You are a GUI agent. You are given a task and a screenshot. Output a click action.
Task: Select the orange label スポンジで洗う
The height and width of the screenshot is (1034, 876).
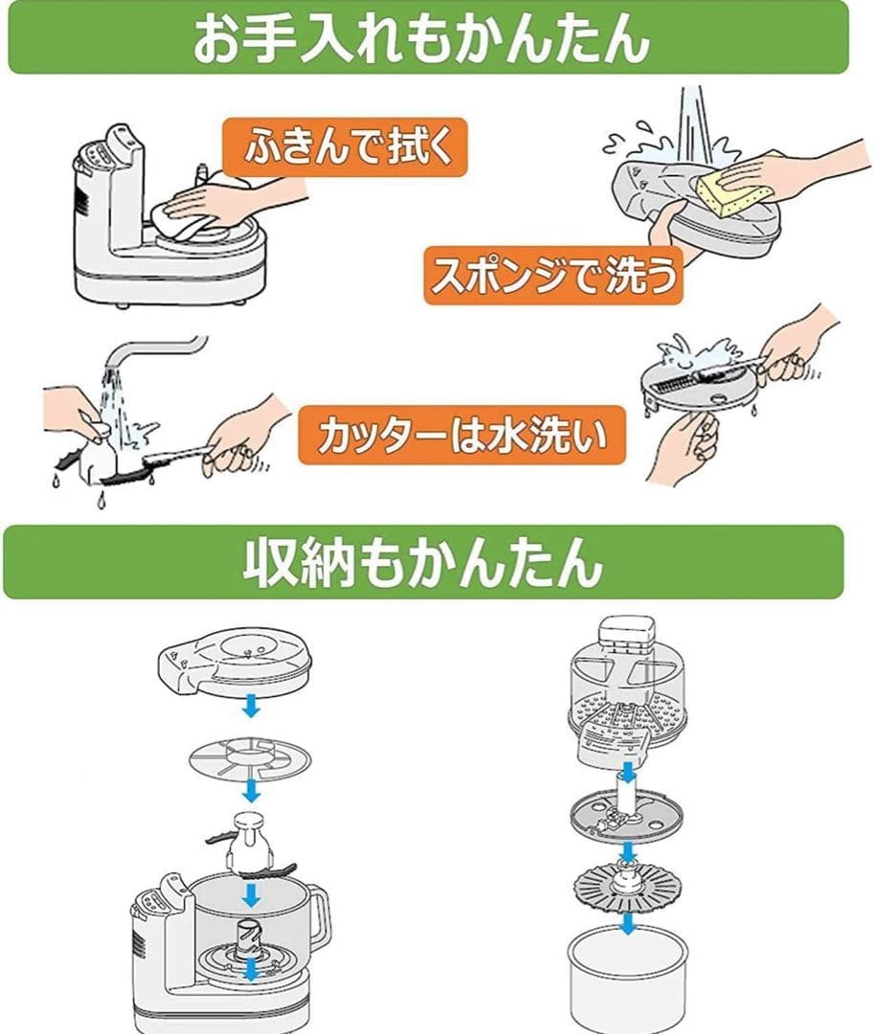point(553,276)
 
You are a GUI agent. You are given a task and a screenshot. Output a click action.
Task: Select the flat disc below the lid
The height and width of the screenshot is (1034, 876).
point(249,757)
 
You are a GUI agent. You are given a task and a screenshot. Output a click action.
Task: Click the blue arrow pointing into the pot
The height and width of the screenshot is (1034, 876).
point(627,925)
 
